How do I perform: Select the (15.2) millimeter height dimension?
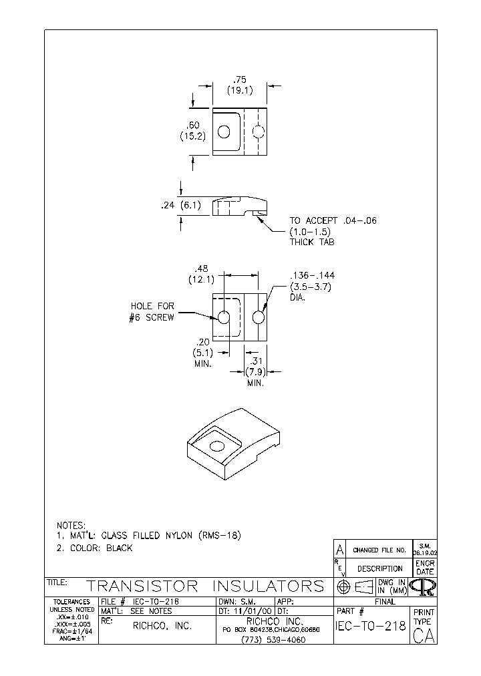click(192, 136)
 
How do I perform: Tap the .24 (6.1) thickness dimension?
click(177, 206)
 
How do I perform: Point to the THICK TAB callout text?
click(311, 242)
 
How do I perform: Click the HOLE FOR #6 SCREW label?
click(152, 312)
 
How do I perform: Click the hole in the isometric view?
click(217, 446)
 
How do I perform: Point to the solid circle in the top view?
click(224, 132)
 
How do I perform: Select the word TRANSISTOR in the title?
click(142, 586)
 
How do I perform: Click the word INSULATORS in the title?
click(268, 586)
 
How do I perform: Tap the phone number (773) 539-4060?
click(273, 640)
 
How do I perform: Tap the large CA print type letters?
click(424, 637)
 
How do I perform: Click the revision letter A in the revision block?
click(339, 550)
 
